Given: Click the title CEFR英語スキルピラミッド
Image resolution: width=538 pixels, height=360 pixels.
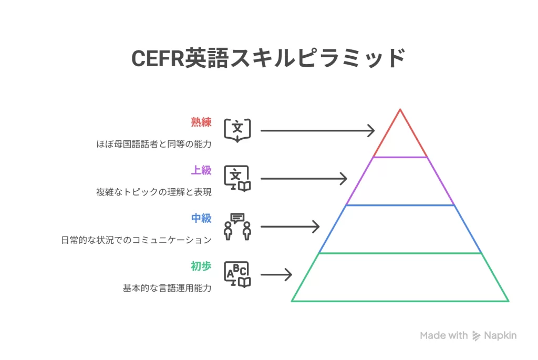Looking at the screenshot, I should pos(268,58).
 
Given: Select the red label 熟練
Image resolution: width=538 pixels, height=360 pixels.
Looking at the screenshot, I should pos(201,122).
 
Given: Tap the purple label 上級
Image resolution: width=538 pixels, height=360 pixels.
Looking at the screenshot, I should pos(201,170).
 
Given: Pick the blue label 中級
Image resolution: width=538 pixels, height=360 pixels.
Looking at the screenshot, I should pos(201,218).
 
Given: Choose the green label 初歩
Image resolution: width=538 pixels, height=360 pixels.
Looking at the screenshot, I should pos(201,266).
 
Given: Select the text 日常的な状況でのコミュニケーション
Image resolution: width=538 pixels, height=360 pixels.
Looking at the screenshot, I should pos(136,240).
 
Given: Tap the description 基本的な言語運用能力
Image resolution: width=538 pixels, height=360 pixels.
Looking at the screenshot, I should pos(167,288).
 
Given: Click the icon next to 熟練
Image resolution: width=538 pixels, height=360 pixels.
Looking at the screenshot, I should pos(237,130).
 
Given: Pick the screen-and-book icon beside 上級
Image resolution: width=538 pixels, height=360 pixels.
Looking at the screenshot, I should pos(237,178).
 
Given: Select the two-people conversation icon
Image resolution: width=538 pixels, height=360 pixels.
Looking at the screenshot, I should pos(237,227).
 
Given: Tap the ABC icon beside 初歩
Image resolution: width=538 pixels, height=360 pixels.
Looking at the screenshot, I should pos(237,274).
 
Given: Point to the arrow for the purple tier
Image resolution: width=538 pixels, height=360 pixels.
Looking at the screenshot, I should pos(304,179).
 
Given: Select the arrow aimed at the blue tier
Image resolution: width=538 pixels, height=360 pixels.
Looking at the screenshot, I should pos(290,227).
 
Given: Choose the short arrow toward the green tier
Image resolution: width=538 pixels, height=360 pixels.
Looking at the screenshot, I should pos(276,274).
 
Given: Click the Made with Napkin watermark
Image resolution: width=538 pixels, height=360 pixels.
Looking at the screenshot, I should pos(468,335).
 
